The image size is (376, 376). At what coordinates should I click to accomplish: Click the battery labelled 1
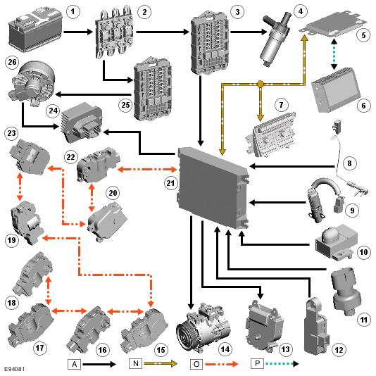click(35, 30)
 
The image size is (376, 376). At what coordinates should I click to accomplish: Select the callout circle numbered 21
click(170, 183)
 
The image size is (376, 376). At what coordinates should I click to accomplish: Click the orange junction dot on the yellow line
click(261, 84)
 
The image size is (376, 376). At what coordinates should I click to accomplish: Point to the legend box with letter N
click(135, 363)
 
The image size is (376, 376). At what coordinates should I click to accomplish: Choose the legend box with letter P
click(257, 363)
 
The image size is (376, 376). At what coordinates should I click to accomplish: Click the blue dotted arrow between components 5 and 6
click(334, 54)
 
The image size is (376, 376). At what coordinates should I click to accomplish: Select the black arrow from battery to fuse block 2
click(78, 32)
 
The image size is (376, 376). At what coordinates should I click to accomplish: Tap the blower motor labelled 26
click(34, 82)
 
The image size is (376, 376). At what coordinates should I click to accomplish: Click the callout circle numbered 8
click(349, 163)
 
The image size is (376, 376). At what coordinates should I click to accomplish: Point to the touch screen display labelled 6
click(335, 90)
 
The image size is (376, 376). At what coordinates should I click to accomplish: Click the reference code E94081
click(14, 369)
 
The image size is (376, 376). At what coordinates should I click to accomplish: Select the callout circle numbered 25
click(125, 105)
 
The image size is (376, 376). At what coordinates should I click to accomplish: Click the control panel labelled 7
click(271, 134)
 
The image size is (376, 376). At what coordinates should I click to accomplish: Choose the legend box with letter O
click(196, 364)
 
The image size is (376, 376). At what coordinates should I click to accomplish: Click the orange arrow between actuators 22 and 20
click(92, 198)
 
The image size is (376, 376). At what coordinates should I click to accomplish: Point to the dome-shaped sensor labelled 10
click(336, 242)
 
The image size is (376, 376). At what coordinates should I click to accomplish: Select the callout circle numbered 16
click(103, 350)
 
